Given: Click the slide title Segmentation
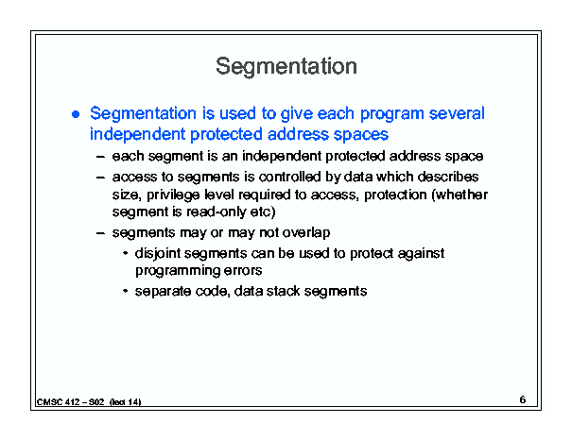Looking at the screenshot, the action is (x=286, y=67).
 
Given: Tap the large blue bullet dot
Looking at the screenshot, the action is (x=76, y=114).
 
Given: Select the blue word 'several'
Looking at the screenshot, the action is (x=457, y=113).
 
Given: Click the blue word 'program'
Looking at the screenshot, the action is (x=391, y=115).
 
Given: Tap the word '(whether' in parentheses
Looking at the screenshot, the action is (x=459, y=195).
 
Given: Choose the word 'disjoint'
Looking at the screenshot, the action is (x=158, y=254).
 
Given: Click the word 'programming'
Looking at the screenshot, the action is (x=177, y=271).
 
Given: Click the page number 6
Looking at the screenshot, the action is (x=523, y=399).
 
